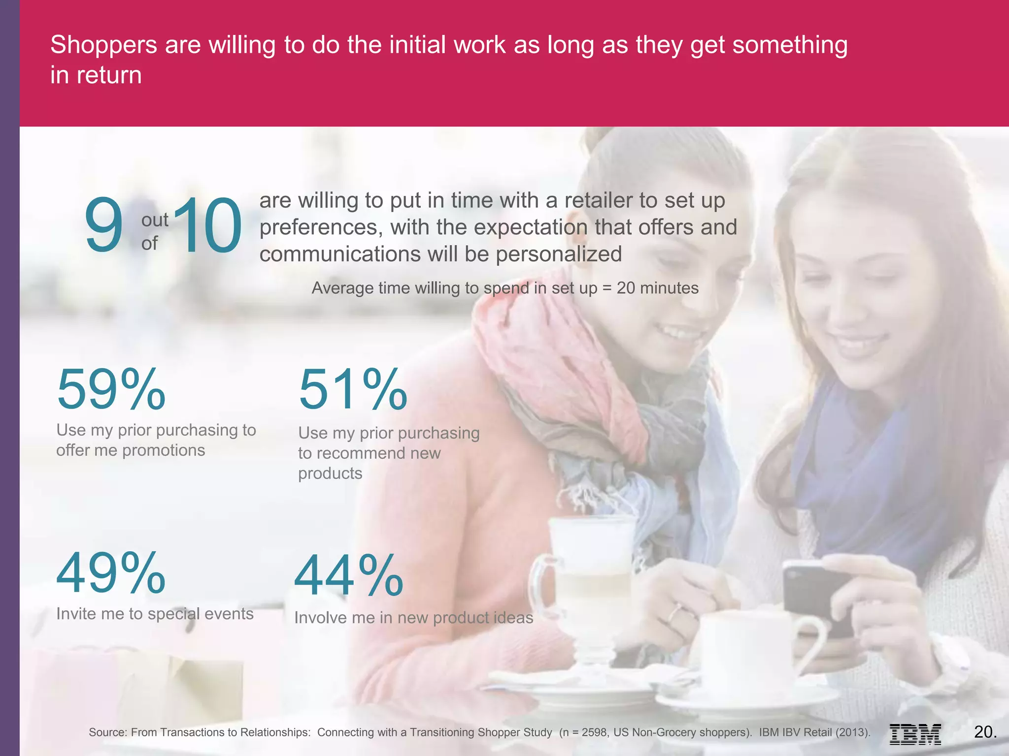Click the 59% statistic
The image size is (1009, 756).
[x=111, y=390]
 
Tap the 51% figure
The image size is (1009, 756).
[x=353, y=390]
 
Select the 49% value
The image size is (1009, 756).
[x=111, y=573]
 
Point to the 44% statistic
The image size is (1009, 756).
[x=349, y=576]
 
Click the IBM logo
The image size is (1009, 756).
[x=915, y=734]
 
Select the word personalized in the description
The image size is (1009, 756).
[x=559, y=254]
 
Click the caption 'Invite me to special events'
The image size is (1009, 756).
[x=155, y=614]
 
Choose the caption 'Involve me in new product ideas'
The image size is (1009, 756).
[x=413, y=618]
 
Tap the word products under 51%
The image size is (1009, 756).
[x=330, y=473]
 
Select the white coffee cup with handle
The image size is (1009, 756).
[x=749, y=650]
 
